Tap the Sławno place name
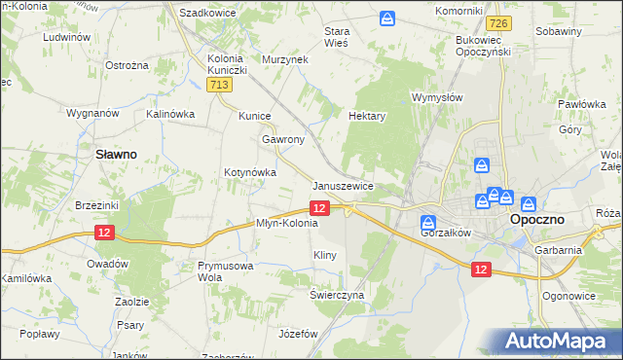point(115,154)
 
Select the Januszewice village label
point(343,185)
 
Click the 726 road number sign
point(500,22)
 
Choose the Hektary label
point(368,115)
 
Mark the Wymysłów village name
point(436,98)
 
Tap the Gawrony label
point(283,139)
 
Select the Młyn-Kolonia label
point(286,223)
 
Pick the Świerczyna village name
point(337,294)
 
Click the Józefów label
point(298,333)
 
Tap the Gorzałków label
point(446,234)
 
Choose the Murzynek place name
point(284,59)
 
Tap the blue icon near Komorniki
point(388,18)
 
